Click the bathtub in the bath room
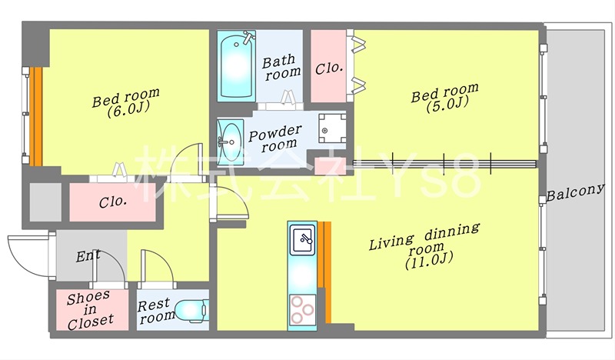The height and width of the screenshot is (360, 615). point(236,65)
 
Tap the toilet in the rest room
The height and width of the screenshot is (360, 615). point(191,311)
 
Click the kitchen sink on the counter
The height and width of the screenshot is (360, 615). point(302,240)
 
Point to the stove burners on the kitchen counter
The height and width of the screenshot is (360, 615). point(302,309)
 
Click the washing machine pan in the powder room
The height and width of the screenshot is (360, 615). point(332,128)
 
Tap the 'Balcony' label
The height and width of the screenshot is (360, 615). point(575,192)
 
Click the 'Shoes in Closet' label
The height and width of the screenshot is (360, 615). point(90,311)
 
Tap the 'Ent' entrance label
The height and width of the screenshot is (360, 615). point(88,256)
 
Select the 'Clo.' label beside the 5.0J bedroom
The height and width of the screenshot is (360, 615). point(329,68)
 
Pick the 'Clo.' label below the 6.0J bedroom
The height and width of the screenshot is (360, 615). point(113,202)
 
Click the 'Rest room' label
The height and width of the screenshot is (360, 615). point(156,311)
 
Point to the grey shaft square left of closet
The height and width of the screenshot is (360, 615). point(45,202)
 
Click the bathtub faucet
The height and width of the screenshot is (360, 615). point(248,37)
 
